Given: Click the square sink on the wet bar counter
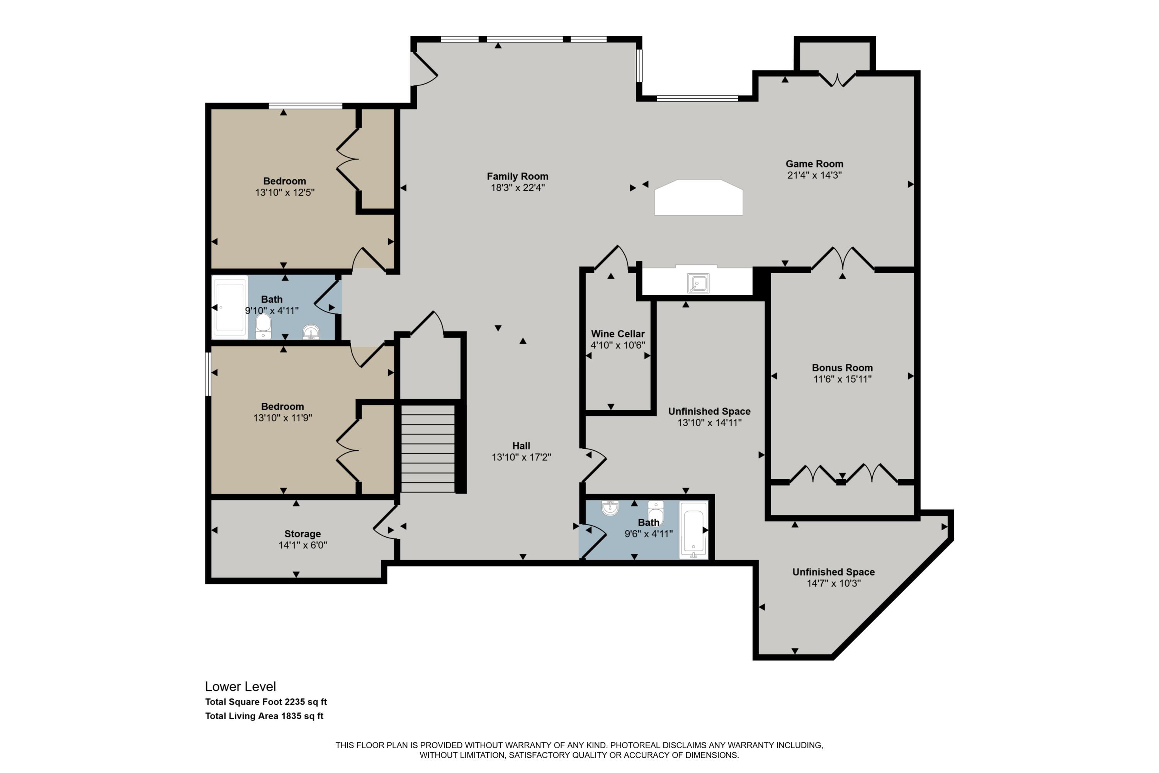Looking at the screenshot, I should (x=698, y=283).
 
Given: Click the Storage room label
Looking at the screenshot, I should (x=302, y=534).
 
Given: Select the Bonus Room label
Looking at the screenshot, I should (x=842, y=368).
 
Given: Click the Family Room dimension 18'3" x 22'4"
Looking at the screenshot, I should (x=517, y=188).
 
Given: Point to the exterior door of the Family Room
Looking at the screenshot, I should (x=423, y=70).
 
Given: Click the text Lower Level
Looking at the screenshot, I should (x=240, y=687).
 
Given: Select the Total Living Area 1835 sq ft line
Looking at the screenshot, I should (x=264, y=716).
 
